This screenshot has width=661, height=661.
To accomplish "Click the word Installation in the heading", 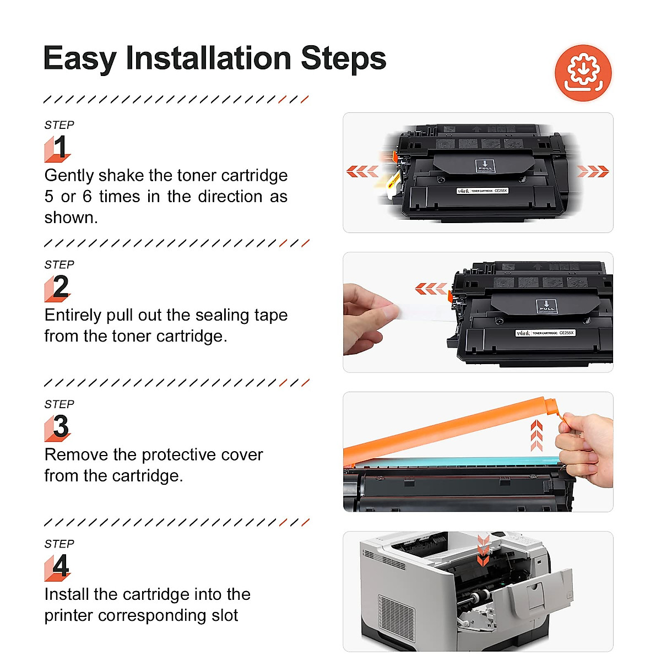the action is click(209, 58).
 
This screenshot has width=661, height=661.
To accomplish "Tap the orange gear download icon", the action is click(583, 73).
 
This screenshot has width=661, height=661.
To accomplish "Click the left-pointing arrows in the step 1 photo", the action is click(362, 171).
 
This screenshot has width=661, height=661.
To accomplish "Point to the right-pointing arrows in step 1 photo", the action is click(593, 171).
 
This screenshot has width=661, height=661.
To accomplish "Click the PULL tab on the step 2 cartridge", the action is click(546, 306).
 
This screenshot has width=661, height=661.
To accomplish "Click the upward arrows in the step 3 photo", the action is click(537, 435).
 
